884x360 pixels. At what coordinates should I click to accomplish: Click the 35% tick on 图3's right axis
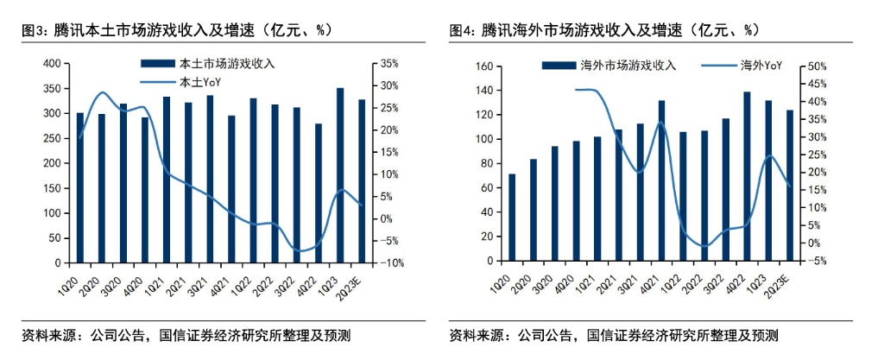pyautogui.click(x=386, y=64)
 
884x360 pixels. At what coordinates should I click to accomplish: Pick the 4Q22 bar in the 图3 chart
pyautogui.click(x=318, y=193)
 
